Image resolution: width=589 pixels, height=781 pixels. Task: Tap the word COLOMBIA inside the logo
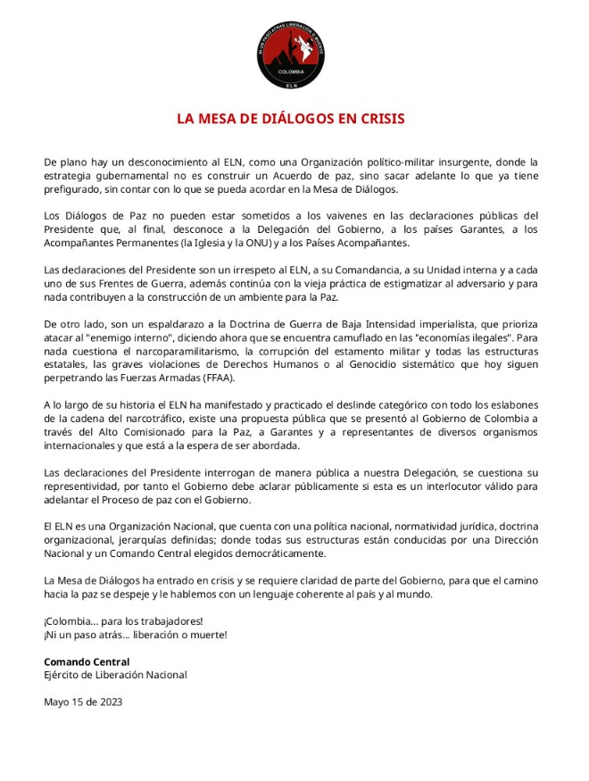[x=292, y=71]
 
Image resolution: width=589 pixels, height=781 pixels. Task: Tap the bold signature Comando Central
[x=87, y=661]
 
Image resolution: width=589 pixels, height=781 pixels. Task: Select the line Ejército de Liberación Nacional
[x=115, y=675]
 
